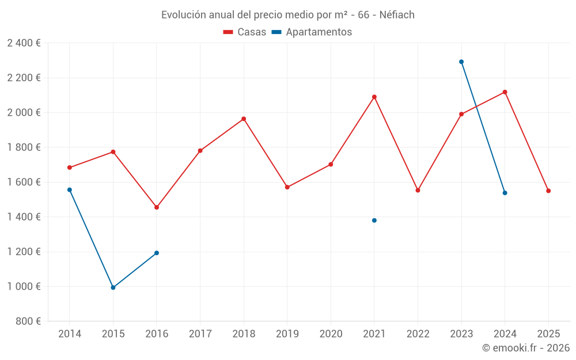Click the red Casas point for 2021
374,97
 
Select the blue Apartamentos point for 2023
461,62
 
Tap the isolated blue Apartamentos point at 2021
374,221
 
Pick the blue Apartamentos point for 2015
113,287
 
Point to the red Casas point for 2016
157,207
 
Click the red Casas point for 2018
244,119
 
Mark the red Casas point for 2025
548,191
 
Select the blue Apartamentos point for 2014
70,190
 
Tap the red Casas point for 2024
505,92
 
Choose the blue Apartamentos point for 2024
505,193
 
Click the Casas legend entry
245,32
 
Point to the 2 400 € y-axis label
24,43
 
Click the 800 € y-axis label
28,321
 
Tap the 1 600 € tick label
24,182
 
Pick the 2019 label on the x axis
287,334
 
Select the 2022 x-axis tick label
418,334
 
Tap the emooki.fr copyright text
525,348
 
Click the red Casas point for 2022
418,190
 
